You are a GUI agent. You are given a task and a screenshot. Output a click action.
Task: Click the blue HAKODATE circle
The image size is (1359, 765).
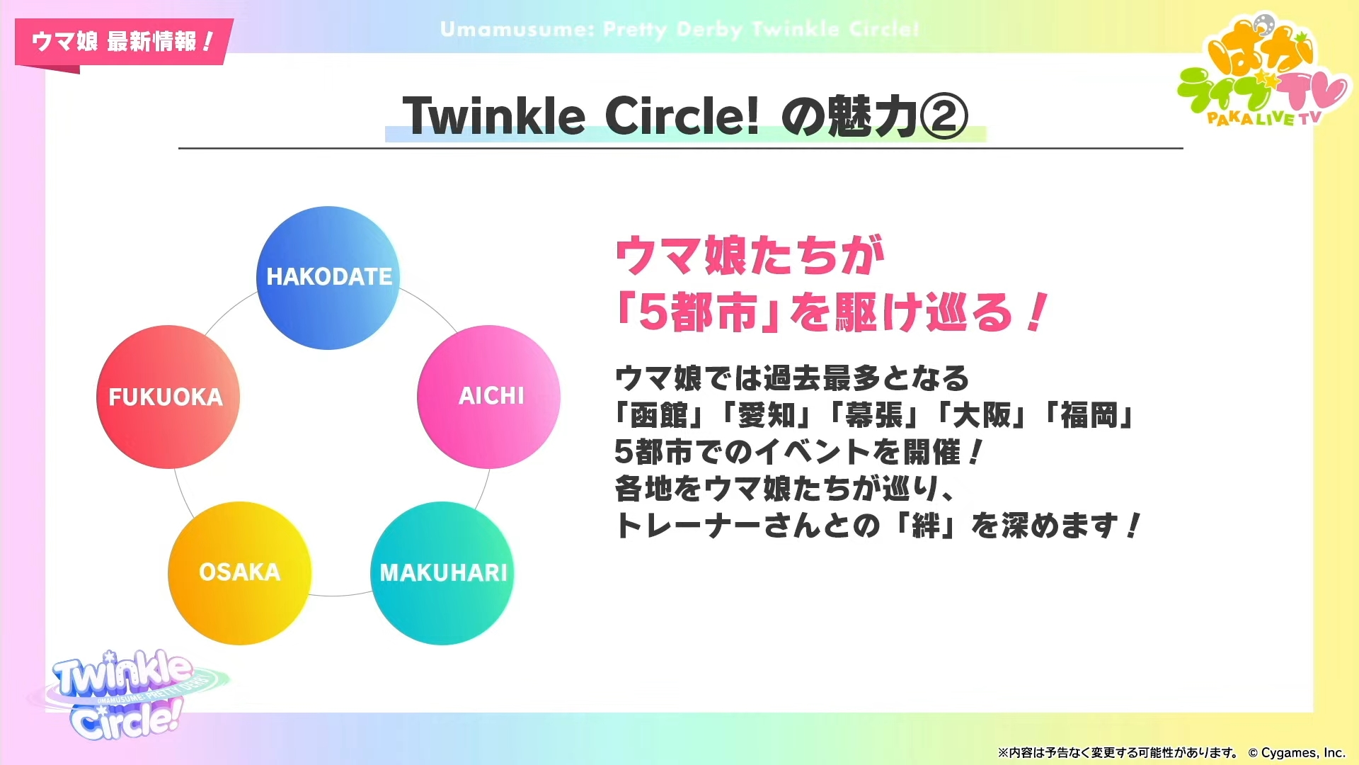328,278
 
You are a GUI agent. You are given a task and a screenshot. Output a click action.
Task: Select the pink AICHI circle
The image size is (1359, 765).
488,397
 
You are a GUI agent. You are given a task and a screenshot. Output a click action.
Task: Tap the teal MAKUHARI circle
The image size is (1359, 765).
442,573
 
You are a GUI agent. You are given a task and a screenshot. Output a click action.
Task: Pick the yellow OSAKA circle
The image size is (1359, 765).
239,573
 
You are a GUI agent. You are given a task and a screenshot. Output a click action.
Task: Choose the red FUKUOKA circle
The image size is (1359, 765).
168,397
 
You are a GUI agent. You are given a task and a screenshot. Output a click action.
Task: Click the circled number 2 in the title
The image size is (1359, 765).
944,116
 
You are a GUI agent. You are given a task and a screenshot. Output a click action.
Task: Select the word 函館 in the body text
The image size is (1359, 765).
658,416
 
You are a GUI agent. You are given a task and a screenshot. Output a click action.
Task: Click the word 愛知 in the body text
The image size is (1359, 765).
767,416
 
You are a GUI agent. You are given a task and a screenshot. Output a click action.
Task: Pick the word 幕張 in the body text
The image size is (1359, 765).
874,416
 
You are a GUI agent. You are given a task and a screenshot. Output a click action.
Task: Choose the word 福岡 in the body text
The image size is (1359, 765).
1089,416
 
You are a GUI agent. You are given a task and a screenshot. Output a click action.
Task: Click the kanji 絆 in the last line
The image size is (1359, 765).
926,526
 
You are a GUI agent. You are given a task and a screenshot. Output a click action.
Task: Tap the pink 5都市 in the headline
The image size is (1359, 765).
697,312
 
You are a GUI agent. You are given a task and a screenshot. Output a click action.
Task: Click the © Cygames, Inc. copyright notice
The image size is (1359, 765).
1297,753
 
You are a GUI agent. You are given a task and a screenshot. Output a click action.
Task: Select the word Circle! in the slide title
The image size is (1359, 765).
682,116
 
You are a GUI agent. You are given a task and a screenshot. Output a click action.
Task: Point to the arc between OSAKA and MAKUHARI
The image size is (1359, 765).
340,595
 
